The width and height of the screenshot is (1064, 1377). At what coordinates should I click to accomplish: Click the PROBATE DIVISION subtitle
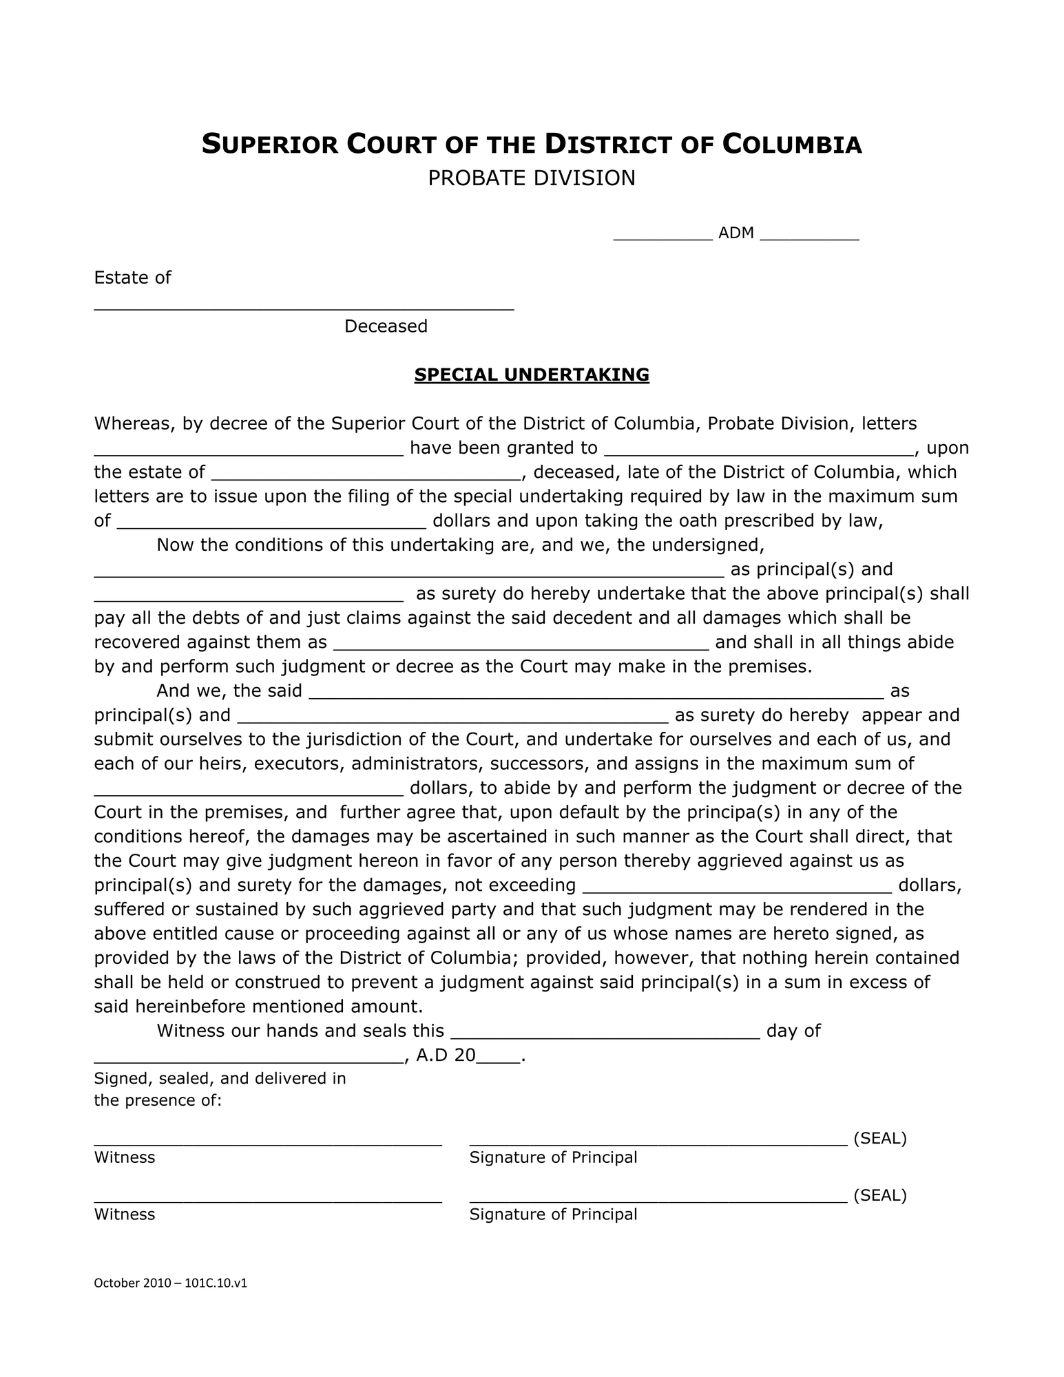click(531, 178)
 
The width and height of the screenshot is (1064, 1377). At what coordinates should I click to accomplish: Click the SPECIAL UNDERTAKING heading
click(531, 375)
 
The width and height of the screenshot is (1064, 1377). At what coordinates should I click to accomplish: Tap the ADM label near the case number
click(736, 233)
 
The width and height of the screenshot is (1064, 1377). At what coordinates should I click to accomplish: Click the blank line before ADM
click(663, 237)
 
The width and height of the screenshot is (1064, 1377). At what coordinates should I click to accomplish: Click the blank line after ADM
click(810, 237)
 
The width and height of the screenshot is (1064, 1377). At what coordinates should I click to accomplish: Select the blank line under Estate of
click(304, 307)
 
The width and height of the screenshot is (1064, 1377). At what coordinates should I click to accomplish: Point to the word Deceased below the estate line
click(386, 326)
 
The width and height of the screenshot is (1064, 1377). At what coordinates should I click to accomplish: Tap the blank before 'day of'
click(605, 1035)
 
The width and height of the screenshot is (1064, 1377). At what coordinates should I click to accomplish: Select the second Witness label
click(125, 1215)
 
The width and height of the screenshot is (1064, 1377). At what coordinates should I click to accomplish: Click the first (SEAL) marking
click(879, 1139)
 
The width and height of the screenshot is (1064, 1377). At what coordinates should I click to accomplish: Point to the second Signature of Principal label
click(553, 1215)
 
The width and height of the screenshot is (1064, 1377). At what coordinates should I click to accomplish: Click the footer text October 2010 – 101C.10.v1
click(170, 1283)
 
